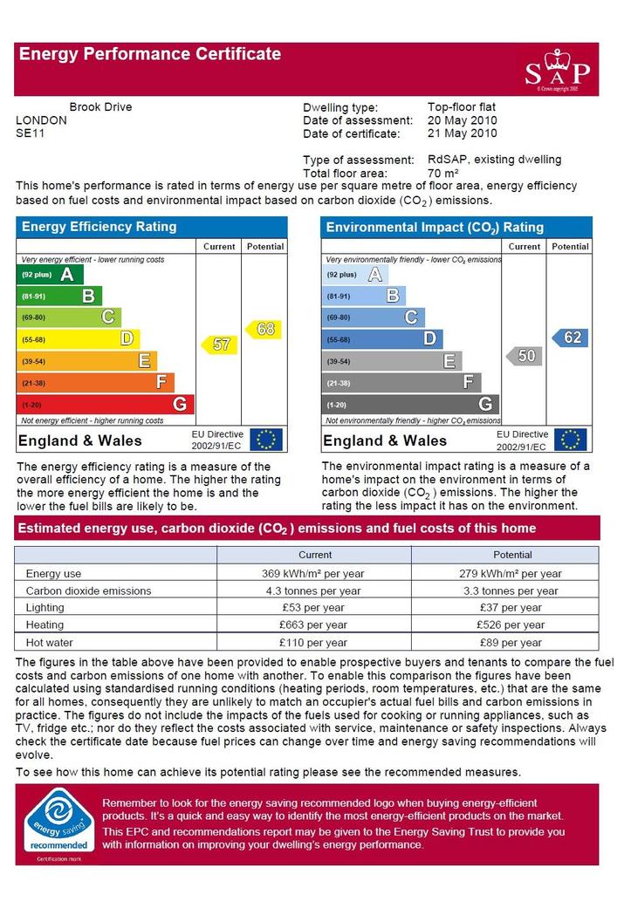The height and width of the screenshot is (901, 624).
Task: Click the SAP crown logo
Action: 558,70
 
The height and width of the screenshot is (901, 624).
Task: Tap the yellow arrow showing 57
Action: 220,345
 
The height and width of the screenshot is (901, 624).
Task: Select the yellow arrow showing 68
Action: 264,329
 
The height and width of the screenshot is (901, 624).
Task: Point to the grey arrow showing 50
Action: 524,356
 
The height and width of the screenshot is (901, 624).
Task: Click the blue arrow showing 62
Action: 569,338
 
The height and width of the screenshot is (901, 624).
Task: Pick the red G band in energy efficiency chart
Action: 106,405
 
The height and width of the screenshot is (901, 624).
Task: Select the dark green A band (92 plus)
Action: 50,275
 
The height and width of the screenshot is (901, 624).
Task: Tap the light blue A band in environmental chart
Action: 355,275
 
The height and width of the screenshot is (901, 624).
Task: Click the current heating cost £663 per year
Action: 313,625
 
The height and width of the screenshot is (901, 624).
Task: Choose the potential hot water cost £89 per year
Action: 511,643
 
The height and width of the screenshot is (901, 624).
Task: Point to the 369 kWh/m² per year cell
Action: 312,573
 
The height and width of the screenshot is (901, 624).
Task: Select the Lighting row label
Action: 45,608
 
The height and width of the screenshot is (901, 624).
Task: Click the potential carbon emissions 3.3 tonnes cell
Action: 511,590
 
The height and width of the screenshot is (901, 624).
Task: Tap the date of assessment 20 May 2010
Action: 462,120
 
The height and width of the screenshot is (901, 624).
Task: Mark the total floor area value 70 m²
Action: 442,173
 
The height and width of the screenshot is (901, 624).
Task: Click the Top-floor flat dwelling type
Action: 462,107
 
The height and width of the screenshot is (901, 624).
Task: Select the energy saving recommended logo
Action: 58,822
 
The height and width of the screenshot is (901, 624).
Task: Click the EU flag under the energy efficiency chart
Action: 265,440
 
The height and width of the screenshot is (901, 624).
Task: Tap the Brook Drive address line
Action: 100,107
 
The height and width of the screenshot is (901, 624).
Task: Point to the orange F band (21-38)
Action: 95,383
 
